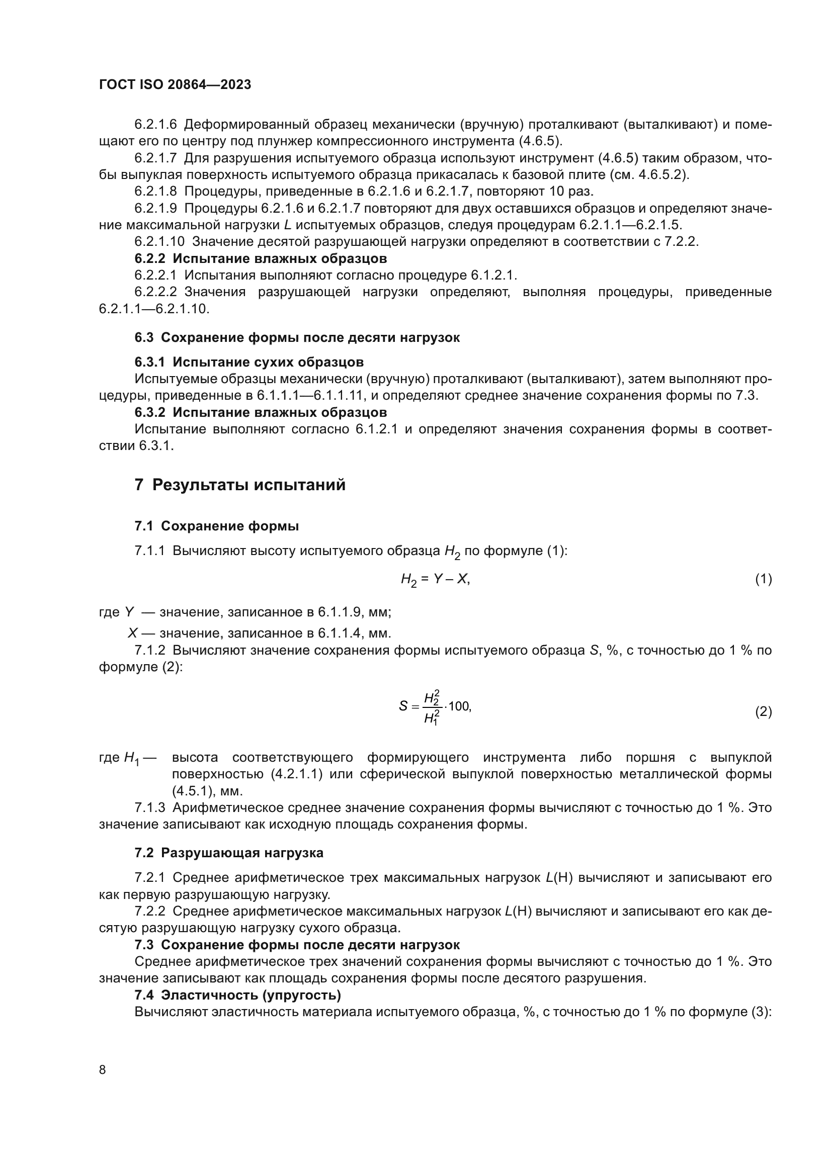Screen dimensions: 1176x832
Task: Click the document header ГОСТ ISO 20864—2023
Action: pos(175,84)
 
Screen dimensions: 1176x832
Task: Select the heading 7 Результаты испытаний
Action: pos(240,485)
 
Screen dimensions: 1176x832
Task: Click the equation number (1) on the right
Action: pos(764,579)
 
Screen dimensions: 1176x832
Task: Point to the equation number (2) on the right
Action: pos(764,711)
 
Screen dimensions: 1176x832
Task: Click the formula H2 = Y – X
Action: pos(435,579)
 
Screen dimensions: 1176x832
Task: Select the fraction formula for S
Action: pos(435,707)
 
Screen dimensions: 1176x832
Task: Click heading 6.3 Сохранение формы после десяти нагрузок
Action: pos(297,337)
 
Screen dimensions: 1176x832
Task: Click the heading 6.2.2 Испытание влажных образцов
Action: pos(260,258)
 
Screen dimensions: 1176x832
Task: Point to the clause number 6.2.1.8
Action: pos(155,192)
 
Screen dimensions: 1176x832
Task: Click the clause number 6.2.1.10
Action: pos(159,241)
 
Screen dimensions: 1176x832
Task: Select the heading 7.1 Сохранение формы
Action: pos(217,526)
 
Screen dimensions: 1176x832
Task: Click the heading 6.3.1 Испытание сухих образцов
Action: pos(249,362)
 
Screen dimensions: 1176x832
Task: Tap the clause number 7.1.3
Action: pos(149,808)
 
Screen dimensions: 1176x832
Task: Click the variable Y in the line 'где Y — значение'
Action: pos(130,612)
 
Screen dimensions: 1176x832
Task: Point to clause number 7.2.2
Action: pos(149,911)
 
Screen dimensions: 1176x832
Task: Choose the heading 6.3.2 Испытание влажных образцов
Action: pos(260,412)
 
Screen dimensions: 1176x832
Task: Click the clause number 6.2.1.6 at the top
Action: pos(155,125)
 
